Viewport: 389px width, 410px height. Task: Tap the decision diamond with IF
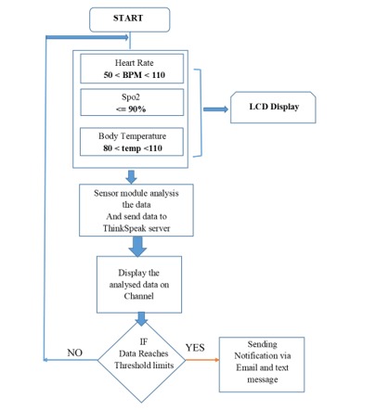142,356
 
